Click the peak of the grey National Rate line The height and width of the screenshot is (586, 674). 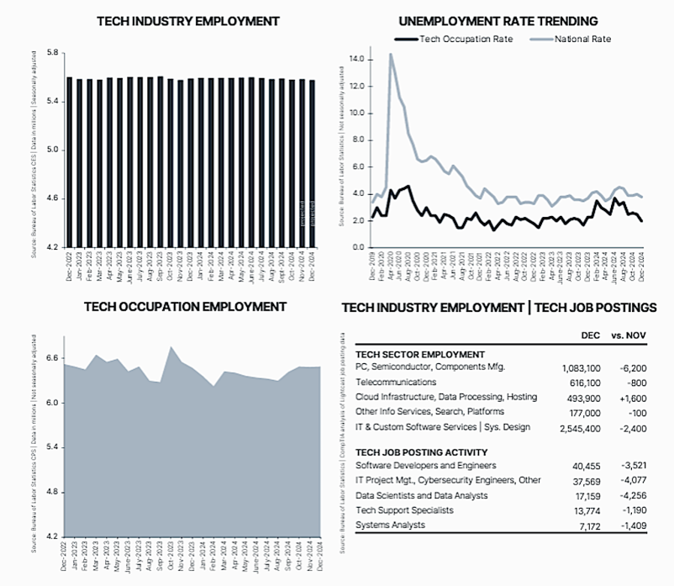click(x=391, y=55)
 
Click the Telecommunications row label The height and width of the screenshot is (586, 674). click(x=396, y=383)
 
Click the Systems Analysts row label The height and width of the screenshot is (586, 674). click(x=390, y=525)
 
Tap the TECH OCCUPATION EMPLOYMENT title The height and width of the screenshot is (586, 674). click(x=185, y=307)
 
